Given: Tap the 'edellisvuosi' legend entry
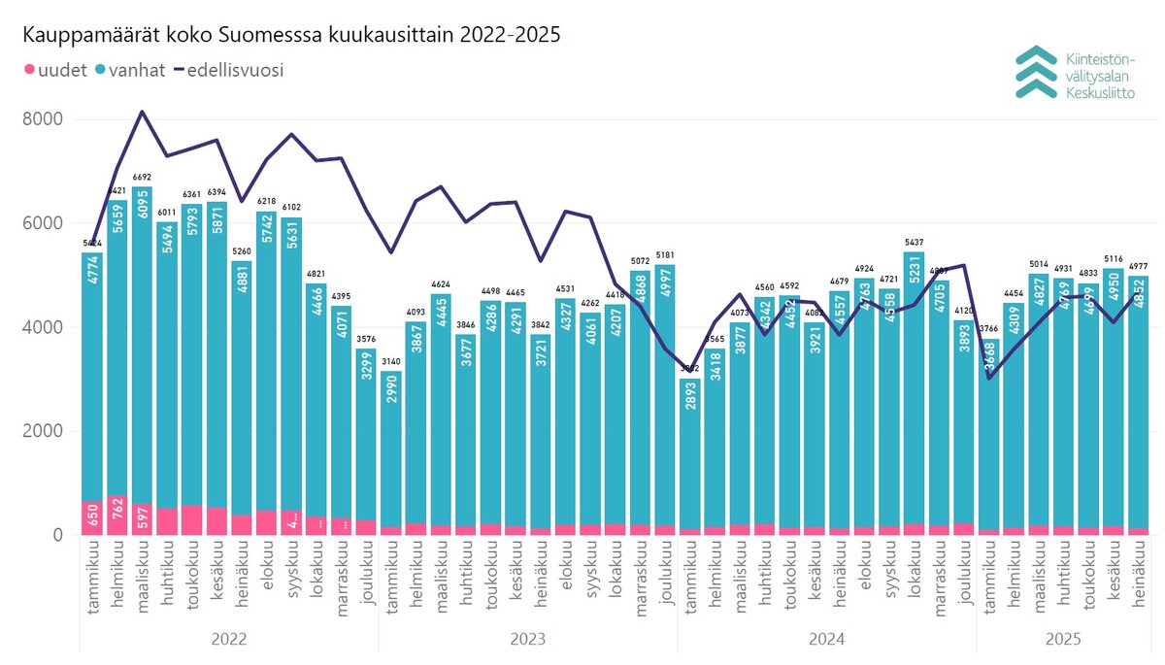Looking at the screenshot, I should tap(227, 70).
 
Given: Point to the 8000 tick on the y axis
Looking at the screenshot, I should tap(44, 119).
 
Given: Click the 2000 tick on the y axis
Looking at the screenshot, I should tap(44, 431).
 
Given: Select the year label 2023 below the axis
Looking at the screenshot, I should tap(527, 640).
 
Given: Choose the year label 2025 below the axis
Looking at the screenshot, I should tap(1064, 640).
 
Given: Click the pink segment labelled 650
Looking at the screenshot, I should tap(92, 517).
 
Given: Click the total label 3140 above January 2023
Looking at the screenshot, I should tap(391, 361).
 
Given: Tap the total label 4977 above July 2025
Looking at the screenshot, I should tap(1138, 266).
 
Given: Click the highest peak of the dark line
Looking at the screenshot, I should tap(142, 112).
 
